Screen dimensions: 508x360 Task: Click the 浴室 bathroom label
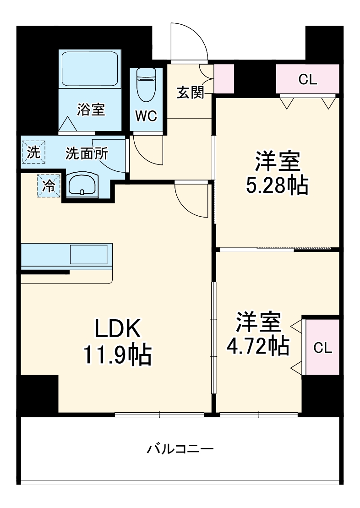[x=91, y=110]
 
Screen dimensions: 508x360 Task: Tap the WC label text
[x=146, y=116]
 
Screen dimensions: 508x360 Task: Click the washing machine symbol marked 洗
[x=33, y=152]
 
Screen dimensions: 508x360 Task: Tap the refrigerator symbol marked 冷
[x=49, y=186]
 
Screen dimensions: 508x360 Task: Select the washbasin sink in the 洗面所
[x=82, y=185]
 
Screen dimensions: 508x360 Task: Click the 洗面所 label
[x=86, y=153]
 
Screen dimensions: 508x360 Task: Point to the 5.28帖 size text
[x=277, y=184]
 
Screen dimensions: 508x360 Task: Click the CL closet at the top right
[x=307, y=80]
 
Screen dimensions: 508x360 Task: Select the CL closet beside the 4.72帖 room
[x=322, y=348]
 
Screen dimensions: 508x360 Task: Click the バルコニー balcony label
[x=180, y=448]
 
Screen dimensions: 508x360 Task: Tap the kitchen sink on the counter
[x=89, y=254]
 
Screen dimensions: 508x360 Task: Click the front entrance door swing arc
[x=189, y=42]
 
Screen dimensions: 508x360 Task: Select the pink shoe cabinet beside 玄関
[x=224, y=78]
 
